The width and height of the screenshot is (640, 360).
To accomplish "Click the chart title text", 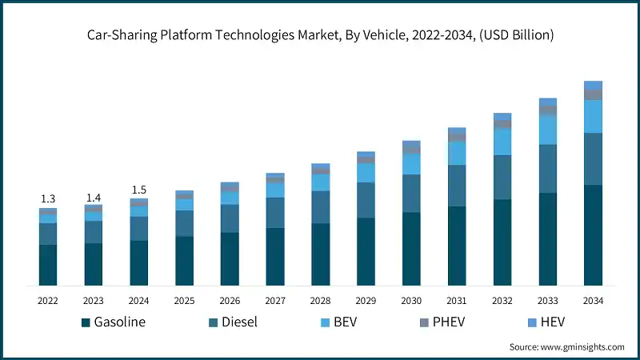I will click(x=320, y=35).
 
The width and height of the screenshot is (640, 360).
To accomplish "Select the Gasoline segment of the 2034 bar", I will click(x=593, y=235).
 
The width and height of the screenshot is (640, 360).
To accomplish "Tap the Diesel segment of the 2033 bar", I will click(x=547, y=169).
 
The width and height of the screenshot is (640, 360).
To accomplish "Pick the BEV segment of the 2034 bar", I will click(x=593, y=116).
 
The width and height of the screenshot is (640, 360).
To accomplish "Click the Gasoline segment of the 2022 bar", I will click(x=48, y=265).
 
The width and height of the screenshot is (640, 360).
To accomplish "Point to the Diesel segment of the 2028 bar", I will click(x=320, y=207).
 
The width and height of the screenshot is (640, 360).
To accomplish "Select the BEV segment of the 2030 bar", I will click(x=411, y=163).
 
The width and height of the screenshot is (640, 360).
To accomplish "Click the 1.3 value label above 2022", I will click(x=48, y=198).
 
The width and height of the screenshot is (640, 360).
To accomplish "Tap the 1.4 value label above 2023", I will click(x=94, y=197).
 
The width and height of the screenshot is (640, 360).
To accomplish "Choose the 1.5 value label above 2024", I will click(x=139, y=190).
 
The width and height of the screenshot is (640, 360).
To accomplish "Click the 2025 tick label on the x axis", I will click(x=184, y=301).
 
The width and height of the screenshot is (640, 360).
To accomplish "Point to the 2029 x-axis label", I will click(x=366, y=301).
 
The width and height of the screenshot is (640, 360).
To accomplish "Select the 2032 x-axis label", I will click(x=502, y=301).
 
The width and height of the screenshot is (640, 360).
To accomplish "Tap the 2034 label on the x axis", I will click(x=593, y=301).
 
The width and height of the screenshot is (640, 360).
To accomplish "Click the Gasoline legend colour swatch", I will click(x=85, y=323).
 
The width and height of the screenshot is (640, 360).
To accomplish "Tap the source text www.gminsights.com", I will click(x=566, y=347).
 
